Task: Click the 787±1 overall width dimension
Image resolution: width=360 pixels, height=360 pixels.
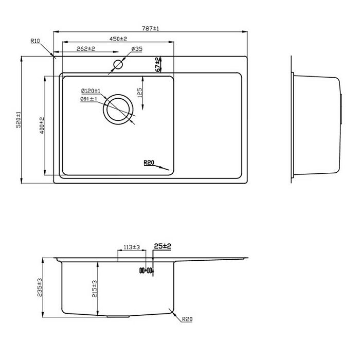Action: pos(150,28)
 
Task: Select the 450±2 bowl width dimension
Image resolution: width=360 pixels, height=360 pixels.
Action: pos(118,39)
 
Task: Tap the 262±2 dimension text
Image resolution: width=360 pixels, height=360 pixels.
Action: pos(86,49)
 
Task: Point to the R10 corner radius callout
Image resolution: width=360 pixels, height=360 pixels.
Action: pos(35,41)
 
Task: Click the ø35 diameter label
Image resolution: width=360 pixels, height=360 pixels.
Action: pos(137,49)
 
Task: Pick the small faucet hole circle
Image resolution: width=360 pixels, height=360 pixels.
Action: pos(118,64)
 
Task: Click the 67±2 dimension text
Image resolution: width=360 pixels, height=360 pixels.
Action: pos(158,64)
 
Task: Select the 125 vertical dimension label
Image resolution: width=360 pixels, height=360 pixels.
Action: pos(139,93)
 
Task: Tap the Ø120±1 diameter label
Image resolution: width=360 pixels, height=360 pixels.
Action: pos(91,91)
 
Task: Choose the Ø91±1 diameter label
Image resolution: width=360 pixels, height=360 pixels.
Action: pos(88,99)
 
